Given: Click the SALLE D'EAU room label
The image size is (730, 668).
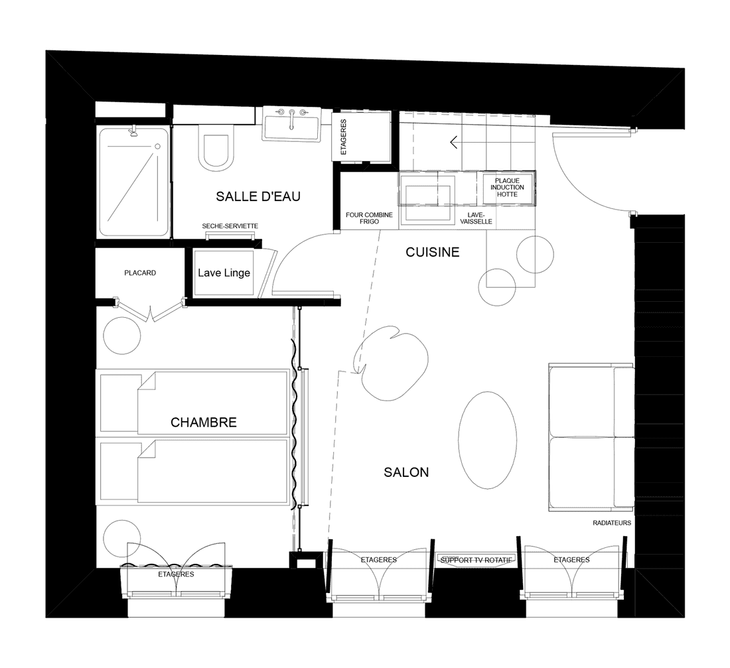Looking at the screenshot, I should (x=258, y=196).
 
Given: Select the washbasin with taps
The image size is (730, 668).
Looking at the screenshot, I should (x=291, y=125).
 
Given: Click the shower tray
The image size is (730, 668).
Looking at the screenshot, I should (x=133, y=181).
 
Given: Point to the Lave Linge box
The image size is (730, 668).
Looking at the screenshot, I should (x=224, y=273).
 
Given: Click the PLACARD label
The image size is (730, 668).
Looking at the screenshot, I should (x=140, y=273).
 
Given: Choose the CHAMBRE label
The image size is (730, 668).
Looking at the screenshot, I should (x=203, y=423).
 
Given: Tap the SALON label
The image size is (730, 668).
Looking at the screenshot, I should (x=406, y=472).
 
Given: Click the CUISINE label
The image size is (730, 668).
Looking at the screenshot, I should (x=433, y=253).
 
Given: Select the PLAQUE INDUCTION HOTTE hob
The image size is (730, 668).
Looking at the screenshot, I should (x=508, y=188).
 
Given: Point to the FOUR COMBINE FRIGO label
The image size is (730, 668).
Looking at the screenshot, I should (x=369, y=218).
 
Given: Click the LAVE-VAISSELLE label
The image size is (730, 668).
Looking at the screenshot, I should (x=479, y=218).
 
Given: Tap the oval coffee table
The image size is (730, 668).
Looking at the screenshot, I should (x=487, y=439).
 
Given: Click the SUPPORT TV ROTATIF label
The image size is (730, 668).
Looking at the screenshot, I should (x=476, y=561).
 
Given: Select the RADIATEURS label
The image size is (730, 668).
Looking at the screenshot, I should (x=611, y=523).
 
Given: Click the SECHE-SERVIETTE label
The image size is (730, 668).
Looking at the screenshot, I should (x=230, y=226).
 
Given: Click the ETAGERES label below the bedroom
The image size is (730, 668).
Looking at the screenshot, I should (x=176, y=574).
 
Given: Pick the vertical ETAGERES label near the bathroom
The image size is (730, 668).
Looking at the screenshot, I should (x=344, y=137).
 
